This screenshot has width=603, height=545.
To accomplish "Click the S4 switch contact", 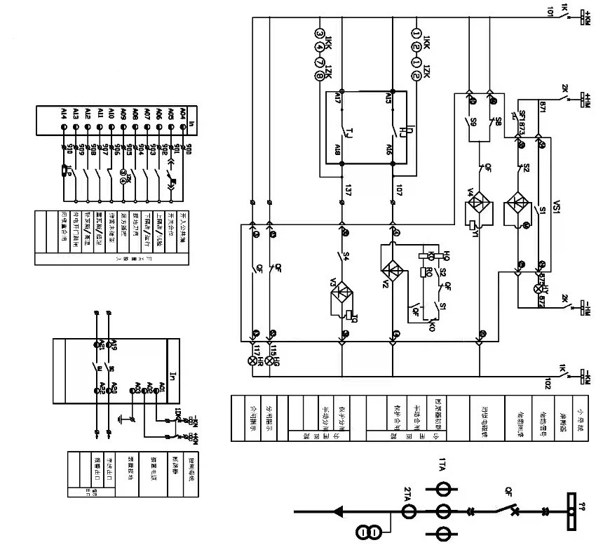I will pos(341,255).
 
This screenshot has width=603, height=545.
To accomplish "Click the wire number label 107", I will pos(398,189).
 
